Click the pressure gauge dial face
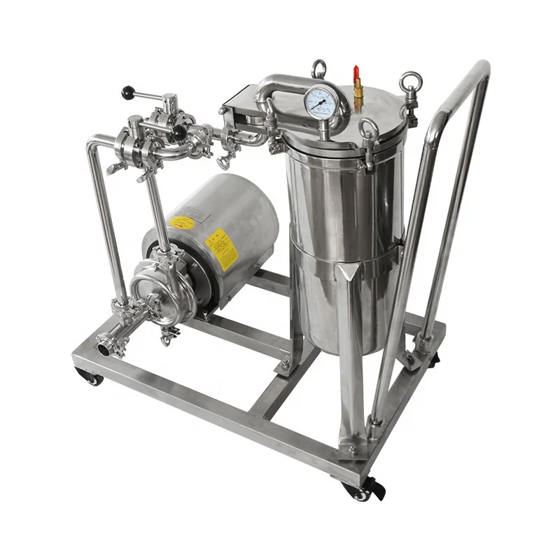(x=321, y=103)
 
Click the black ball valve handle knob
(x=127, y=92)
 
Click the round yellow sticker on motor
(x=182, y=223)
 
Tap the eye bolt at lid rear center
(x=319, y=68)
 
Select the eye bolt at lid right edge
(x=409, y=85)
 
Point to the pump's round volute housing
(x=154, y=288)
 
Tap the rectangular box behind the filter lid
(x=241, y=101)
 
